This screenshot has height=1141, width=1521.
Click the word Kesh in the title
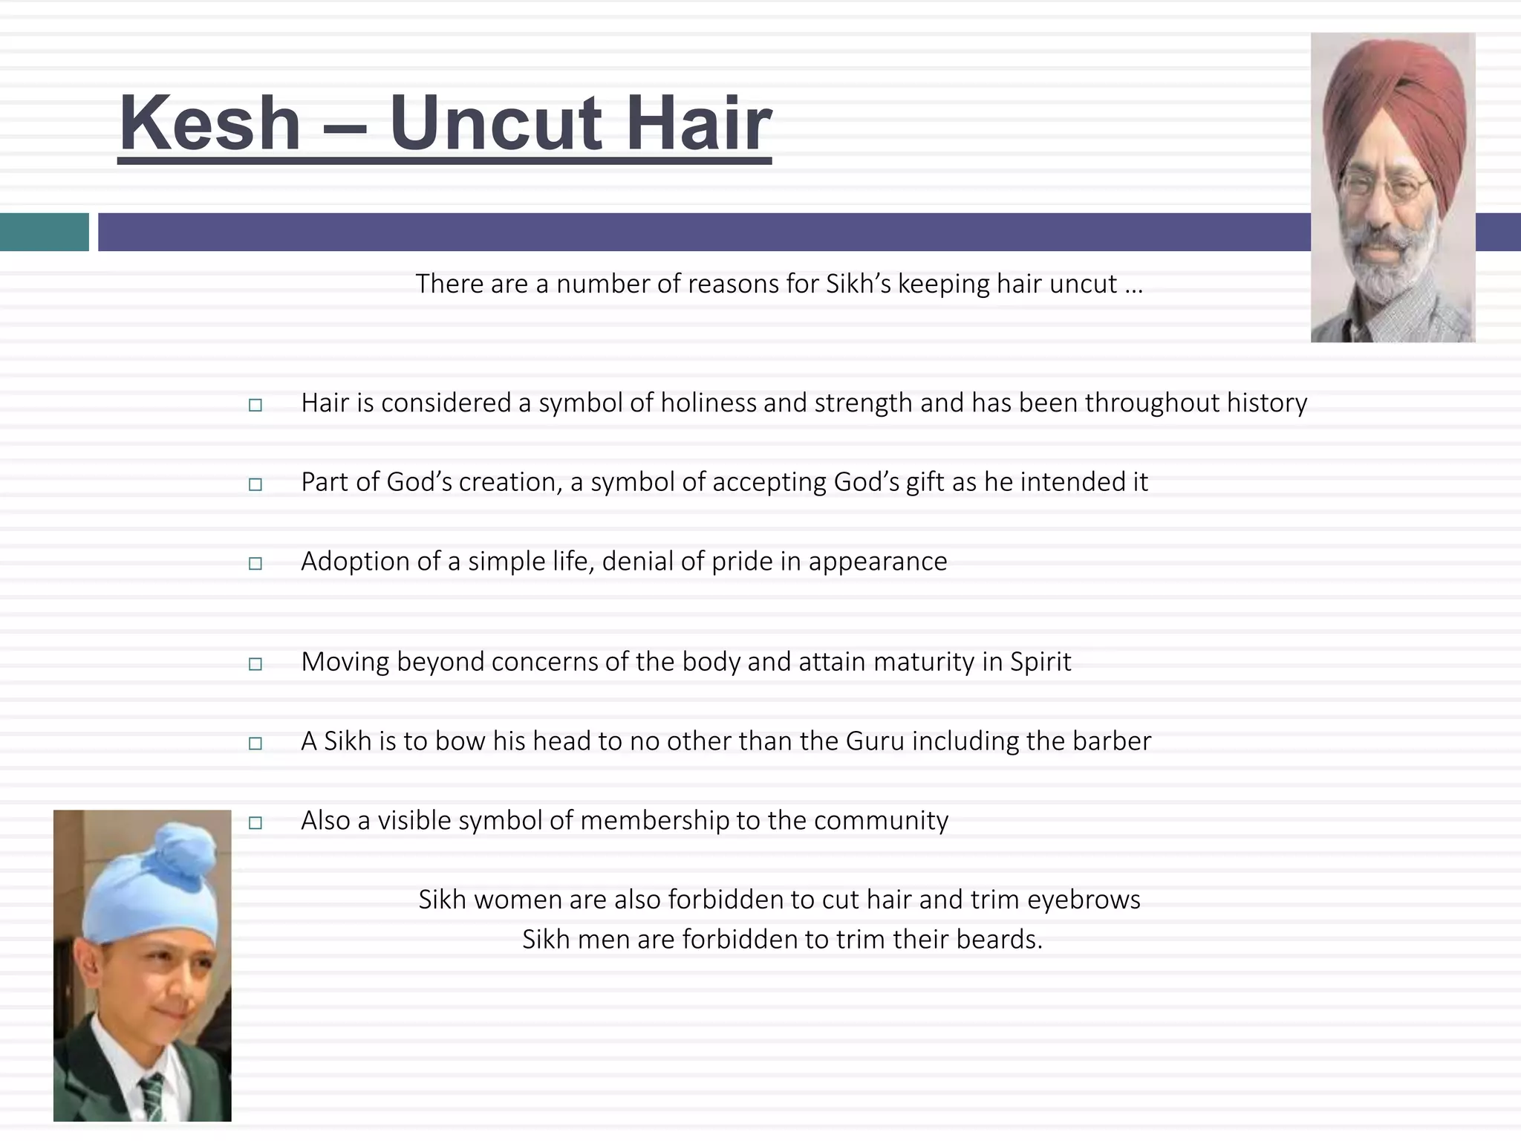click(209, 123)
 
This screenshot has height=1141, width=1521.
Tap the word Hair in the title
click(697, 123)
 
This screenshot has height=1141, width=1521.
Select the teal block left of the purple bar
click(44, 232)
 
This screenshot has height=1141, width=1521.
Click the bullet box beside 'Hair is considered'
click(255, 405)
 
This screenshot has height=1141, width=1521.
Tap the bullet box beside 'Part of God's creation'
click(255, 484)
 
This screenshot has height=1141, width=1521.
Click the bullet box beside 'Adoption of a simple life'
click(255, 563)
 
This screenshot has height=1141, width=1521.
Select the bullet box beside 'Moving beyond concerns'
click(255, 663)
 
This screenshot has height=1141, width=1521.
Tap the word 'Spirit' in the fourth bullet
click(1040, 662)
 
